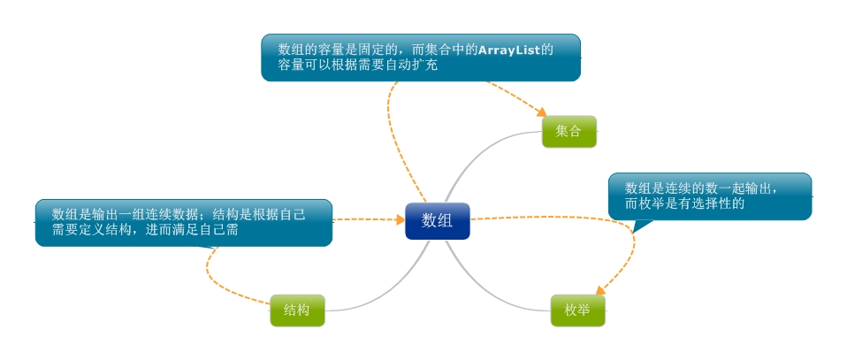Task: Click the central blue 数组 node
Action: pos(438,221)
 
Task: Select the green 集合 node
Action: pos(568,132)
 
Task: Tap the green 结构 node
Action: pos(297,310)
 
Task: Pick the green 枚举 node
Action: pos(577,310)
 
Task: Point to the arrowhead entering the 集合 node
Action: pos(542,112)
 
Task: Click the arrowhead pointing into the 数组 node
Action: pos(399,219)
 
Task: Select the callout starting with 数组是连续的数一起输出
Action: pos(710,195)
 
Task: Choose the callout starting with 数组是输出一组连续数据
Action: pos(183,222)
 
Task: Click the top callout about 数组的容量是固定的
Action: pos(421,57)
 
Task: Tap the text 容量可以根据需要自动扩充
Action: pos(358,65)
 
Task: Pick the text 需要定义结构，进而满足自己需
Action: pos(146,230)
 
